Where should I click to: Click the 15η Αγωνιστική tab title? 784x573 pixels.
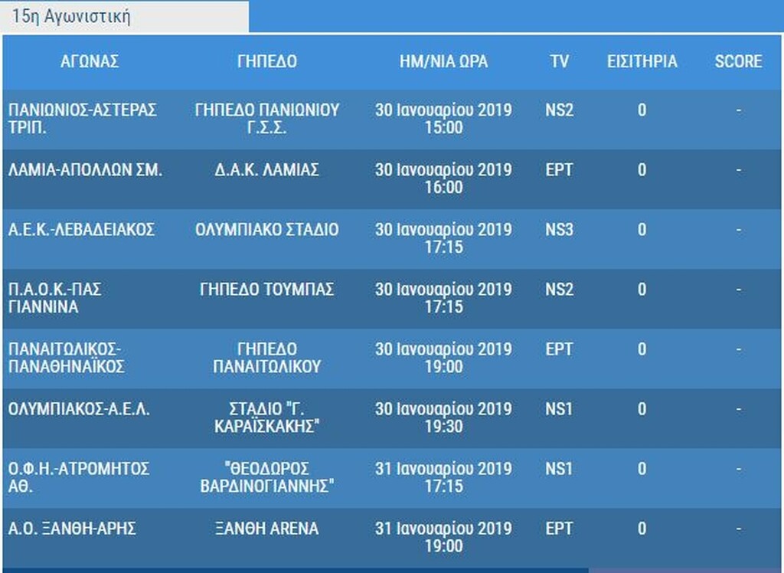(70, 17)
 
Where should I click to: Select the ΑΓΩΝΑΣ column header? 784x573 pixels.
(90, 62)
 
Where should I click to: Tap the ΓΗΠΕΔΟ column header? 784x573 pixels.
(266, 62)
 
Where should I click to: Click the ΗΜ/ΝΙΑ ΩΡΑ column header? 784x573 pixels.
(443, 62)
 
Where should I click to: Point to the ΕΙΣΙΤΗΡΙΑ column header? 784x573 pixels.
(642, 62)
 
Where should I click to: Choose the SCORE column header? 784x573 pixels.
(738, 62)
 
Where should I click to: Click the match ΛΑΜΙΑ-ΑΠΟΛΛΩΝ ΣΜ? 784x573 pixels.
(85, 170)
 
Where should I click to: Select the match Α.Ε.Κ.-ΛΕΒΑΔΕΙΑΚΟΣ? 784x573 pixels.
(82, 230)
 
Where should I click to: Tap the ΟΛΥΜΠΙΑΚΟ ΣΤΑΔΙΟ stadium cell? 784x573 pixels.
(266, 230)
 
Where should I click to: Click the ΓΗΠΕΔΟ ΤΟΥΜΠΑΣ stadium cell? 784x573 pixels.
(266, 290)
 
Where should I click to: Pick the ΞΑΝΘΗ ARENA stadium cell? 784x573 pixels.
(266, 529)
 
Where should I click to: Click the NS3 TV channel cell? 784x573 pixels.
(559, 230)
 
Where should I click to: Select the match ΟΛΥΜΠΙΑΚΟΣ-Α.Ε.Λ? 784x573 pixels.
(80, 409)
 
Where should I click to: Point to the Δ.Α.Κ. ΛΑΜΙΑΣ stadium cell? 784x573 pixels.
(266, 170)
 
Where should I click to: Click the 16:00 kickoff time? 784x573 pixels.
(444, 188)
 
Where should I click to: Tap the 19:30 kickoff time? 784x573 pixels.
(444, 427)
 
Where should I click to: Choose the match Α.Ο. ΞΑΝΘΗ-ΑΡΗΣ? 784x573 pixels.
(73, 529)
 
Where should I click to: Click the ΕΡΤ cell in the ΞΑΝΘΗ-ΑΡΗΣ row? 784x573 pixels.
(559, 529)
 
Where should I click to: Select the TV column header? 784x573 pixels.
(559, 62)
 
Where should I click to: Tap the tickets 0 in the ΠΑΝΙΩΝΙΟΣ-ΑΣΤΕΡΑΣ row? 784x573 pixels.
(642, 110)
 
